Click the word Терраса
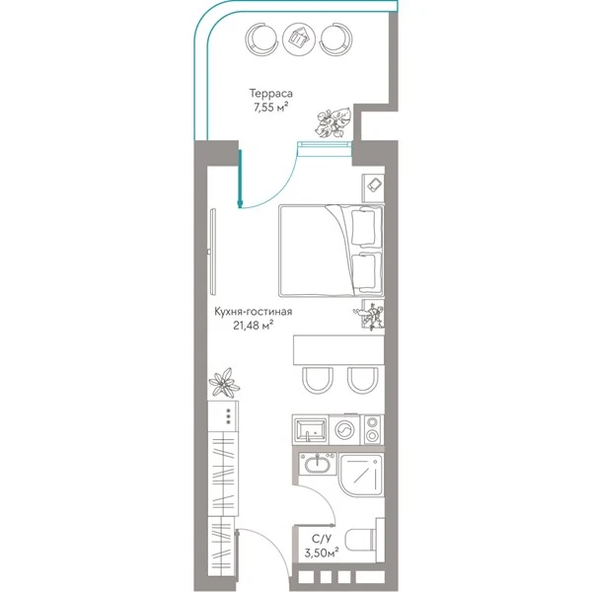point(270,94)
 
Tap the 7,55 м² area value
point(270,108)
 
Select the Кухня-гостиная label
point(253,312)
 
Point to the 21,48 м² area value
point(253,325)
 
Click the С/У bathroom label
point(322,539)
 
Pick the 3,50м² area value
point(322,554)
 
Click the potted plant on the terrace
point(333,122)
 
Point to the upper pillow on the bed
point(363,228)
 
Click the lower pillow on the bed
point(363,272)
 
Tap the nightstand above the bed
point(373,188)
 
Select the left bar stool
point(318,380)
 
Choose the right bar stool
point(362,380)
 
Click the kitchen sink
point(311,430)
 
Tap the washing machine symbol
point(344,429)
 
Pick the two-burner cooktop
point(372,429)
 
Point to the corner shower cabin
point(361,475)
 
